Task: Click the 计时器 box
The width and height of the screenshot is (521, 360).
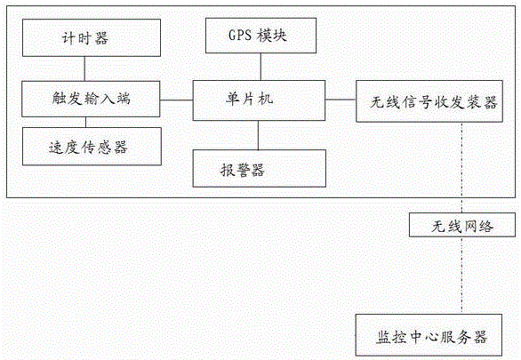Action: click(92, 37)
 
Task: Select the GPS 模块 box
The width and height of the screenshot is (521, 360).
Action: click(260, 36)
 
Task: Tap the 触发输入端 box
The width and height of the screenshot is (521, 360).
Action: click(91, 99)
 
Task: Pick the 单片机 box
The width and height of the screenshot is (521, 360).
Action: click(259, 100)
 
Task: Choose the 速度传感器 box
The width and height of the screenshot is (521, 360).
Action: click(92, 147)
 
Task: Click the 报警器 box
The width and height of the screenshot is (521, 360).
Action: click(260, 168)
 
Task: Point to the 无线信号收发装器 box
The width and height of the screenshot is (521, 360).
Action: click(429, 101)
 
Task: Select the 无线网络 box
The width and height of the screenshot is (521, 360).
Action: click(462, 225)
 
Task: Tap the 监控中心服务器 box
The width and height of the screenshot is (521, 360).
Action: click(429, 335)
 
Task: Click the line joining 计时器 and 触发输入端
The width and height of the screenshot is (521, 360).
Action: click(84, 68)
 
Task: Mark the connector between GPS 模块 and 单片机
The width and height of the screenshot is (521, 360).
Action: click(260, 67)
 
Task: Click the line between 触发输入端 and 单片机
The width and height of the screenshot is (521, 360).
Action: click(176, 100)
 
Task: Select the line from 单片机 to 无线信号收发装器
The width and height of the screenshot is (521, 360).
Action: click(341, 100)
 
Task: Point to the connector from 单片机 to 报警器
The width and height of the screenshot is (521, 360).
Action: click(258, 135)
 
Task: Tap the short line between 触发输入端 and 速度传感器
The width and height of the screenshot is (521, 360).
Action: click(85, 122)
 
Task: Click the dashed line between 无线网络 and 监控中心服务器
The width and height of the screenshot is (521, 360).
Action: click(461, 276)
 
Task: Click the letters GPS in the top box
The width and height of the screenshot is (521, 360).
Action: click(240, 36)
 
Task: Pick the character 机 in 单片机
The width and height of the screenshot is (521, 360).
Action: click(266, 99)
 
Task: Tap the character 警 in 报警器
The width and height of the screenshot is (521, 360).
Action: click(243, 171)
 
